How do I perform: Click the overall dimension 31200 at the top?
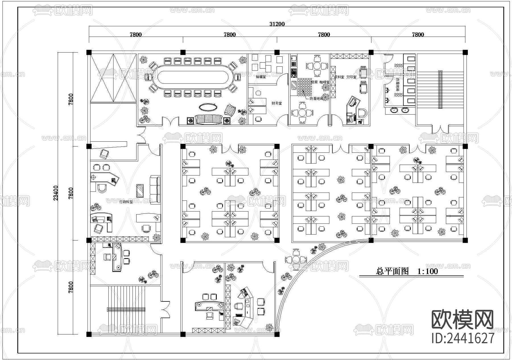point(277,24)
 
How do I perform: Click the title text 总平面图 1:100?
point(407,271)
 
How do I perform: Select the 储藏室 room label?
point(261,77)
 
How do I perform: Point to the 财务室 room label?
point(276,103)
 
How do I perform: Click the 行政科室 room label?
point(126,202)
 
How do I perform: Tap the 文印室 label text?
point(351,77)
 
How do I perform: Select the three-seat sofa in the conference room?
point(209,119)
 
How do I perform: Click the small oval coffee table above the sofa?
point(208,107)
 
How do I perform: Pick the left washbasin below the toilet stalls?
point(394,110)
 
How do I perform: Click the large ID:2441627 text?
point(463,338)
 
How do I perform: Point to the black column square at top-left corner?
point(89,52)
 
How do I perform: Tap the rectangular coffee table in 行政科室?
point(140,191)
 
